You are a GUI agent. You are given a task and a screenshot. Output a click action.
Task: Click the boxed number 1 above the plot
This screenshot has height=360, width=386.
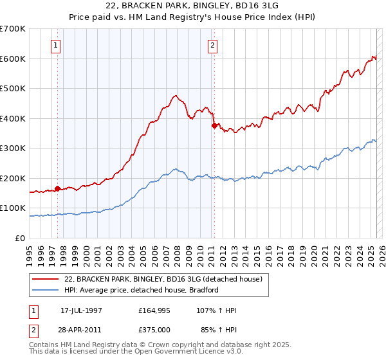(57, 46)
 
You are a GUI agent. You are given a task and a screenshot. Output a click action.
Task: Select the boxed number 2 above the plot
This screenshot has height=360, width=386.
(212, 46)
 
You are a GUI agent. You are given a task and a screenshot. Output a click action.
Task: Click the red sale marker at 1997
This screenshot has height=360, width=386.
(58, 188)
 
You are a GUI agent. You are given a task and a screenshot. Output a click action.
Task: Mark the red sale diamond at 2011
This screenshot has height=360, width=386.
(214, 126)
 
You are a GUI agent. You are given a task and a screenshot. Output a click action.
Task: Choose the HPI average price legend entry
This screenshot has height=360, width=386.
(142, 290)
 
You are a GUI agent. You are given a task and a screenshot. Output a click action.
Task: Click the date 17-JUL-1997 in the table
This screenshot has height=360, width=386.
(81, 310)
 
